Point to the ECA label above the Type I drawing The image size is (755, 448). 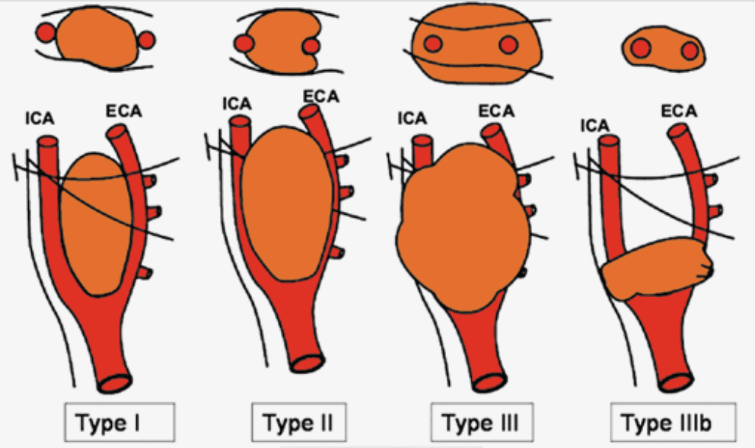click(121, 114)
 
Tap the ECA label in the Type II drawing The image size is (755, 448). click(320, 96)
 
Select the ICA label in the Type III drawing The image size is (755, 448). click(412, 118)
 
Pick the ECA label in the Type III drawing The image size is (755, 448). click(496, 112)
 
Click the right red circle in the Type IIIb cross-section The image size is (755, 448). click(690, 51)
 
